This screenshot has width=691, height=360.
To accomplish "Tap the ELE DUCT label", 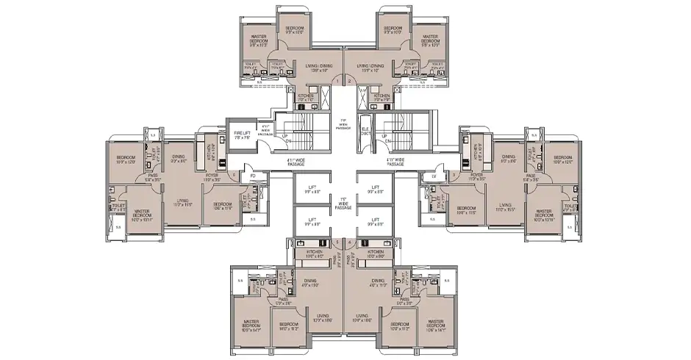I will click(365, 133).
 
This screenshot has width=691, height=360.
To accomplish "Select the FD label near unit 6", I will click(252, 176).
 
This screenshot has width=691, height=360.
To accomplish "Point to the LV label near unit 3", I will click(433, 176).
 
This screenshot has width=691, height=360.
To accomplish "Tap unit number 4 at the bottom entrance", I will click(351, 242).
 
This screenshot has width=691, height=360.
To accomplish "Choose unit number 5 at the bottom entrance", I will click(337, 242).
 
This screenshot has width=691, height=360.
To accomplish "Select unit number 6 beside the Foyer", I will click(233, 176).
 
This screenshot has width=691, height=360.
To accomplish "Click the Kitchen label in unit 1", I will click(307, 97).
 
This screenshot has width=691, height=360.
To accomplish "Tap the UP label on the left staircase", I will click(284, 137).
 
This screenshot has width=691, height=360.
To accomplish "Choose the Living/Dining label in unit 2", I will click(368, 68).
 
